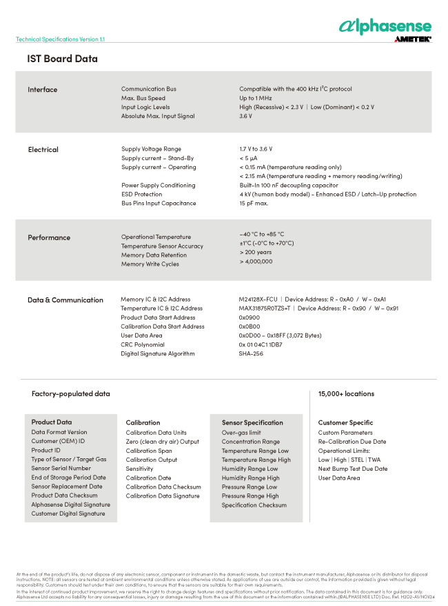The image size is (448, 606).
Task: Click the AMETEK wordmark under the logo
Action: coord(413,39)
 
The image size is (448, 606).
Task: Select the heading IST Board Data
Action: coord(62,59)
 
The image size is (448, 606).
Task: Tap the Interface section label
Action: coord(43,90)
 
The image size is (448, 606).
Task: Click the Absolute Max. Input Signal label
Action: coord(158,116)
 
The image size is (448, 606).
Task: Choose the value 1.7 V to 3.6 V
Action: coord(256,149)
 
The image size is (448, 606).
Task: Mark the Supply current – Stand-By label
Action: coord(158,158)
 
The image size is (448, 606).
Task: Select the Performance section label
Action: coord(49,237)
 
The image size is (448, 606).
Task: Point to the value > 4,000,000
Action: coord(256,262)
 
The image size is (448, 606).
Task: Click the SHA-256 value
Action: coord(251,353)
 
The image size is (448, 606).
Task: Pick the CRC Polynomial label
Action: coord(143,344)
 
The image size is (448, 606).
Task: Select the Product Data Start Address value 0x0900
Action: coord(249,317)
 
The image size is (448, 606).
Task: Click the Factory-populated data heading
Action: coord(70,394)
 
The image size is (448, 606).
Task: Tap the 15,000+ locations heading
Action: coord(346,394)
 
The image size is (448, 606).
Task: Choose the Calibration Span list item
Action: coord(149,451)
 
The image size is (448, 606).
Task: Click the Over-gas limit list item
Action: coord(241,433)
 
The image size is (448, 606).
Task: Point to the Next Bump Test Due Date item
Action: coord(352,469)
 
